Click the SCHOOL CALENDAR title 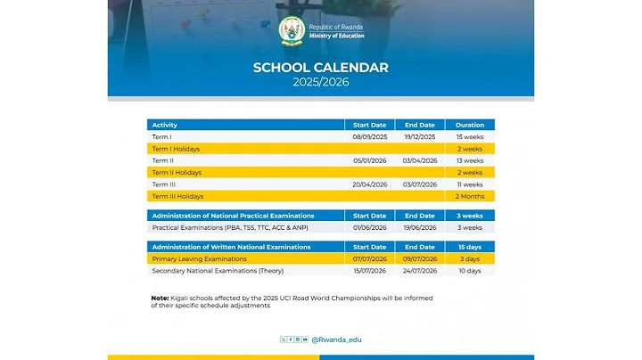[x=320, y=68]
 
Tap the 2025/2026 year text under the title [x=320, y=82]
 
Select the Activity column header [x=165, y=125]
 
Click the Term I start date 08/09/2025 [x=369, y=137]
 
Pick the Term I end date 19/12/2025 [x=419, y=137]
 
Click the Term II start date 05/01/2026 [x=369, y=160]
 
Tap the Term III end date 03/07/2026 [x=419, y=184]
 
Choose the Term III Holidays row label [x=177, y=196]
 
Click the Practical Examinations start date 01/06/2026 [x=369, y=227]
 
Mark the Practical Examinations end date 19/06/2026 [x=419, y=227]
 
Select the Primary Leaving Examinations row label [x=199, y=258]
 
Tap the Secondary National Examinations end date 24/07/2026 [x=419, y=270]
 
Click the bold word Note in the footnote [x=160, y=298]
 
